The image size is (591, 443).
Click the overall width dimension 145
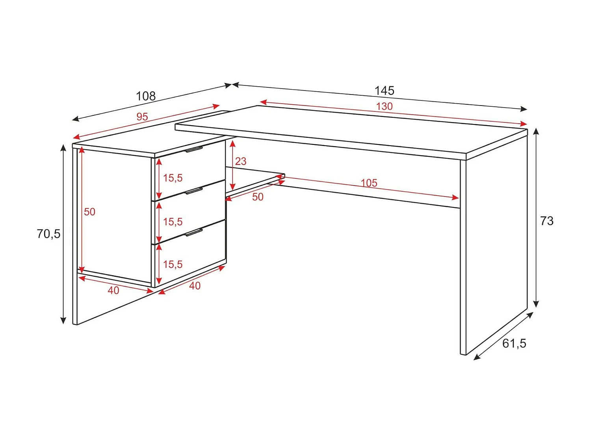tap(384, 91)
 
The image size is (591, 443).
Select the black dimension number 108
tap(146, 96)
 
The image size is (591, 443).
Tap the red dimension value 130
tap(384, 106)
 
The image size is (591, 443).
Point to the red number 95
tap(142, 117)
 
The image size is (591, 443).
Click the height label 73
tap(547, 221)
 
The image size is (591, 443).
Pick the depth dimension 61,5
tap(514, 343)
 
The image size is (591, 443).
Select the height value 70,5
tap(48, 234)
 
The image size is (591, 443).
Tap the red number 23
tap(241, 161)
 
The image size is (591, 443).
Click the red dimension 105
tap(369, 183)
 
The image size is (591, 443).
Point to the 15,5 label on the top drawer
tap(173, 178)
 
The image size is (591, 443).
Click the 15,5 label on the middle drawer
tap(173, 222)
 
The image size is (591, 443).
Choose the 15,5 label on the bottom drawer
tap(173, 264)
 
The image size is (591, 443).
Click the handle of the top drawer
tap(194, 149)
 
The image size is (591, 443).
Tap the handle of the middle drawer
tap(194, 191)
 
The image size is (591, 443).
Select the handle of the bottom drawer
tap(194, 232)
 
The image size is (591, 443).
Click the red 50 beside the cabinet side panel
tap(89, 212)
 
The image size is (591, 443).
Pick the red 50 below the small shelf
tap(258, 197)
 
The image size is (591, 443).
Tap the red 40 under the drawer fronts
tap(195, 286)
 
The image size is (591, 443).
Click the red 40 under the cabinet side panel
tap(113, 290)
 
